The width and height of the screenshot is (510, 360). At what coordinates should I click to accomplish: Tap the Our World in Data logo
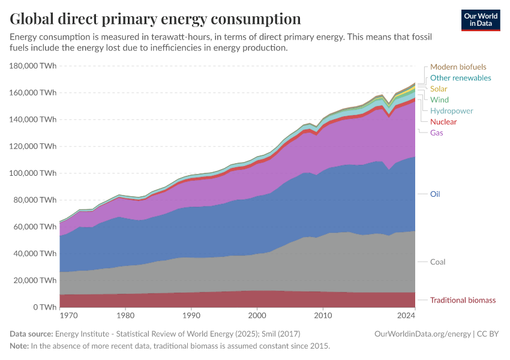(480, 20)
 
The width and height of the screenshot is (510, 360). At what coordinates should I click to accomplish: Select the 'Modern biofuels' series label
(458, 67)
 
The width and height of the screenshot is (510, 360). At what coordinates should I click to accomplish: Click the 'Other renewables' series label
(460, 78)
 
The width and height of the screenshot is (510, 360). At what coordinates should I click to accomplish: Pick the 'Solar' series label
(439, 89)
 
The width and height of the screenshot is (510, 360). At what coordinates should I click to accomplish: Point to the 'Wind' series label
(439, 100)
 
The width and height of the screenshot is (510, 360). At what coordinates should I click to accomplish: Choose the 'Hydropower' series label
(451, 111)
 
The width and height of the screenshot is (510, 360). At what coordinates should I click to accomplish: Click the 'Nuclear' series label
(443, 122)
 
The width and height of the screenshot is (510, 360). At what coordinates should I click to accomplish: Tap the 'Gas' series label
(437, 133)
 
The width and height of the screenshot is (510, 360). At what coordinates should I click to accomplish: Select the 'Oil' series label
(435, 194)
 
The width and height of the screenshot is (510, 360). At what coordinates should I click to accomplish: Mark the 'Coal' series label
(437, 262)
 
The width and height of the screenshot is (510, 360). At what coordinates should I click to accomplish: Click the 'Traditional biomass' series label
(463, 300)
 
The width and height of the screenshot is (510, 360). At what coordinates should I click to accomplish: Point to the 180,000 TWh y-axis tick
(33, 66)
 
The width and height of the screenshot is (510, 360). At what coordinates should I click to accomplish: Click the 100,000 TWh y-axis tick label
(33, 173)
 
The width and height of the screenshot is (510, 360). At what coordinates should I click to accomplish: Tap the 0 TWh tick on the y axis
(44, 307)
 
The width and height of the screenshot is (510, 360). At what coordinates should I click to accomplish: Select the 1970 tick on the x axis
(68, 315)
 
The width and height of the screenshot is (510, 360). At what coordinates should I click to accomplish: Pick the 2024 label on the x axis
(406, 315)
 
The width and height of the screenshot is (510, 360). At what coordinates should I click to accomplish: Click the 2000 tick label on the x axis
(257, 315)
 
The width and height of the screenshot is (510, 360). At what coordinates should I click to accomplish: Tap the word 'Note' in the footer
(19, 346)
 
